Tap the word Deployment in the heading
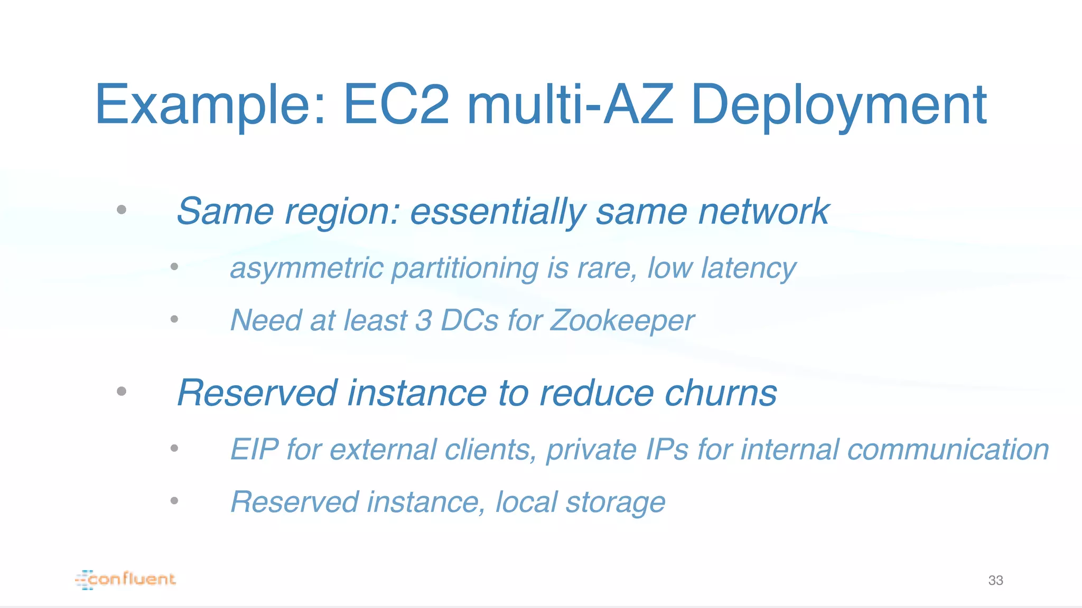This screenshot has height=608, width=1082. [x=838, y=106]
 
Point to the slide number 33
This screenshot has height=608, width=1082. [x=995, y=581]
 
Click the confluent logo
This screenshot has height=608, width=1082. [x=126, y=579]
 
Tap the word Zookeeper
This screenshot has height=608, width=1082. [x=622, y=320]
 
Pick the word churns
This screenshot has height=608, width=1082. [x=721, y=393]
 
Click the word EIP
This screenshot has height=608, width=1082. [x=254, y=450]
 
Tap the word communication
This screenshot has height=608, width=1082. [x=948, y=450]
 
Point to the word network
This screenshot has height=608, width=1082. [x=764, y=212]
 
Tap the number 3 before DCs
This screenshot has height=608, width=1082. [x=424, y=320]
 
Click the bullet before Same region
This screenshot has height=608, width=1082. [x=122, y=210]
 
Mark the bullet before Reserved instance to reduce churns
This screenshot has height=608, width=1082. [x=122, y=391]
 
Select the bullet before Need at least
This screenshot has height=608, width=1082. [x=174, y=319]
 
